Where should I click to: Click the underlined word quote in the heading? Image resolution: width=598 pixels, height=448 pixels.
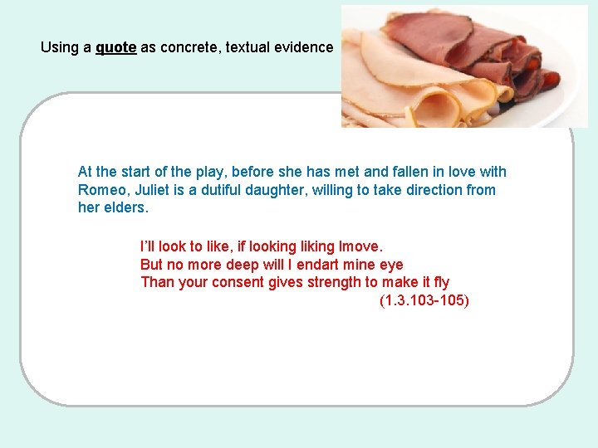(115, 47)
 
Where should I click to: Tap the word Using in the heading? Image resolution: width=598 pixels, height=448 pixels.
(59, 47)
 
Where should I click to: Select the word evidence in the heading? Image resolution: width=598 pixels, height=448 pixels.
(300, 47)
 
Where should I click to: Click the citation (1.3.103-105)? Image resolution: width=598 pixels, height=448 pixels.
(424, 300)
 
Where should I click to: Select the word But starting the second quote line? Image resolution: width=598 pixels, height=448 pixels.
(153, 265)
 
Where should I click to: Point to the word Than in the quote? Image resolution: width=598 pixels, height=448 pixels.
(156, 282)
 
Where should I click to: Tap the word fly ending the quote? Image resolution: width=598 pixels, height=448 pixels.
(441, 282)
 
